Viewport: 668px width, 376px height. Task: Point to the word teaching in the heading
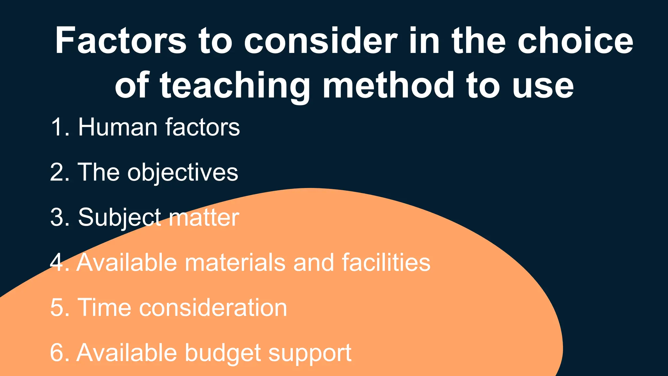pyautogui.click(x=235, y=86)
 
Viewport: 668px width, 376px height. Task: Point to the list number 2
pyautogui.click(x=59, y=172)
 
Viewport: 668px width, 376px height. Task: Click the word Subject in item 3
pyautogui.click(x=119, y=218)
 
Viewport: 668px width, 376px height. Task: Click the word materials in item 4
pyautogui.click(x=235, y=262)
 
